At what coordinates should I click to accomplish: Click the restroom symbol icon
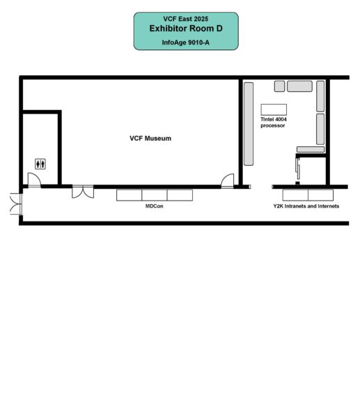(x=40, y=164)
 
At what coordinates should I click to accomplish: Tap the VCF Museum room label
(x=150, y=139)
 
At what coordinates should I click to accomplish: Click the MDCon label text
(x=155, y=206)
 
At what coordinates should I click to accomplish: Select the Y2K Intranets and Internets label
(x=306, y=206)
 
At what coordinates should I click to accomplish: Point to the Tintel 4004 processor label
(x=274, y=123)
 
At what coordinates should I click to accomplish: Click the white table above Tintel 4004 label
(x=274, y=109)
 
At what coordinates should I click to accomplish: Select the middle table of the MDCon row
(x=155, y=195)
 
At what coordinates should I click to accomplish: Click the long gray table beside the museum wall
(x=249, y=124)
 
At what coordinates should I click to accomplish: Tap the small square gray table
(x=279, y=86)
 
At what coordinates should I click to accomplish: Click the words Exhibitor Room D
(x=186, y=29)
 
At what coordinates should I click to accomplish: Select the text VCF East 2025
(x=186, y=19)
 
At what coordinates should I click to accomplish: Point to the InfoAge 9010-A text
(x=186, y=42)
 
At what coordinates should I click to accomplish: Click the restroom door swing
(x=34, y=180)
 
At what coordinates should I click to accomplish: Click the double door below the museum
(x=83, y=192)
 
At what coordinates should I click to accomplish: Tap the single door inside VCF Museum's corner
(x=228, y=180)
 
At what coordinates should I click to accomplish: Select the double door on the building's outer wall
(x=16, y=204)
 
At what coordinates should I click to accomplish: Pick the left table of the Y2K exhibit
(x=295, y=195)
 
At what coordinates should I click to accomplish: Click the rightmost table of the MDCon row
(x=180, y=195)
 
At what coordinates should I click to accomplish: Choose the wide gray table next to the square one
(x=300, y=86)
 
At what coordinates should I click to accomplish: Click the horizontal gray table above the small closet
(x=311, y=149)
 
